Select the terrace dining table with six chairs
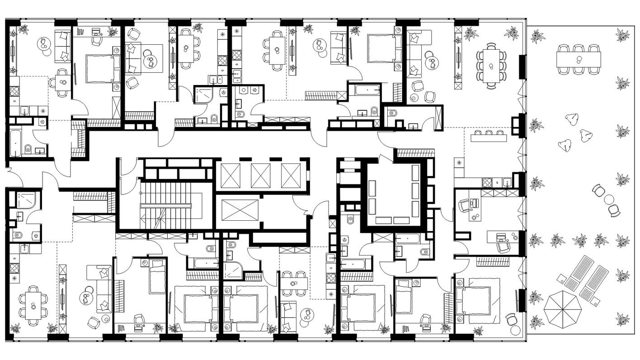click(579, 59)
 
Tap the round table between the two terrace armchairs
click(608, 199)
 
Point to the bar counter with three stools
click(489, 137)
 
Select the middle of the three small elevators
click(260, 175)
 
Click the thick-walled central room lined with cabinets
click(394, 194)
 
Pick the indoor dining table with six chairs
click(33, 305)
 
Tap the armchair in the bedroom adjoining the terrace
click(512, 318)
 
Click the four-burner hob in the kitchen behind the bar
click(487, 182)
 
